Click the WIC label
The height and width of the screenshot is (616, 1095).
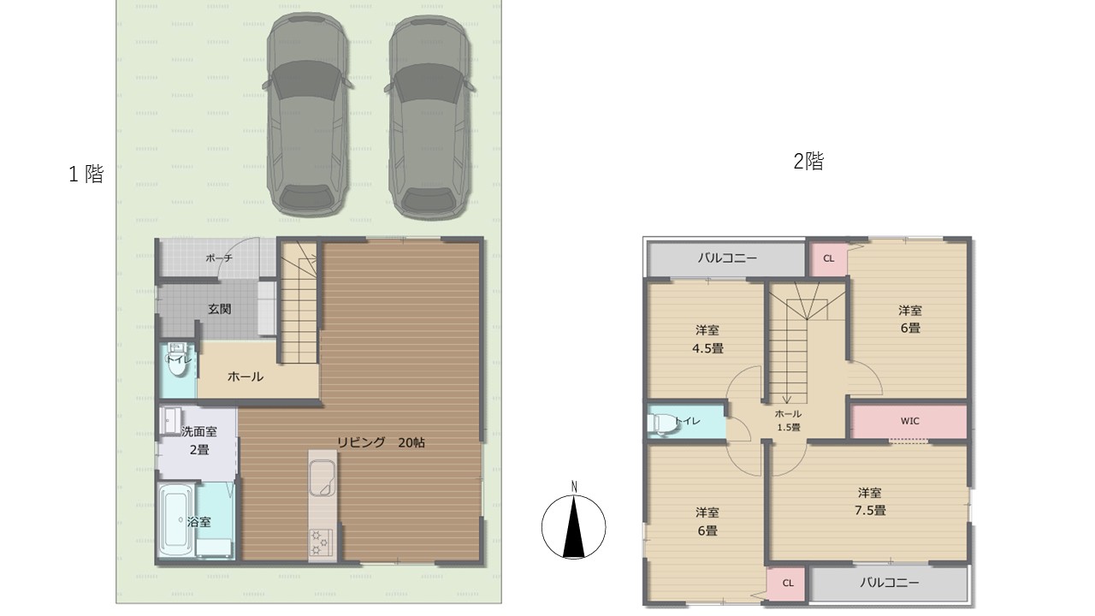pyautogui.click(x=909, y=421)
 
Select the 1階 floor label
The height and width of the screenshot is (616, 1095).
pyautogui.click(x=86, y=175)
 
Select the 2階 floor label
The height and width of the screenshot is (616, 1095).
pyautogui.click(x=808, y=162)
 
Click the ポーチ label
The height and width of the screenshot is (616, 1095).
pyautogui.click(x=221, y=258)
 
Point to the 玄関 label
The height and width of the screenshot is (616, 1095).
pyautogui.click(x=219, y=309)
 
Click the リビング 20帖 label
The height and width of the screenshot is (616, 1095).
pyautogui.click(x=380, y=442)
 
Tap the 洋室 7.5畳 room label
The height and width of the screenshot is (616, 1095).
pyautogui.click(x=871, y=501)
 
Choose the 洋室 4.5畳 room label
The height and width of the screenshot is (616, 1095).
pyautogui.click(x=707, y=339)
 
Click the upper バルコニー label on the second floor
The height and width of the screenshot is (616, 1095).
pyautogui.click(x=726, y=258)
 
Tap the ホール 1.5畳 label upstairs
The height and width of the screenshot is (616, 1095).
pyautogui.click(x=788, y=420)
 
